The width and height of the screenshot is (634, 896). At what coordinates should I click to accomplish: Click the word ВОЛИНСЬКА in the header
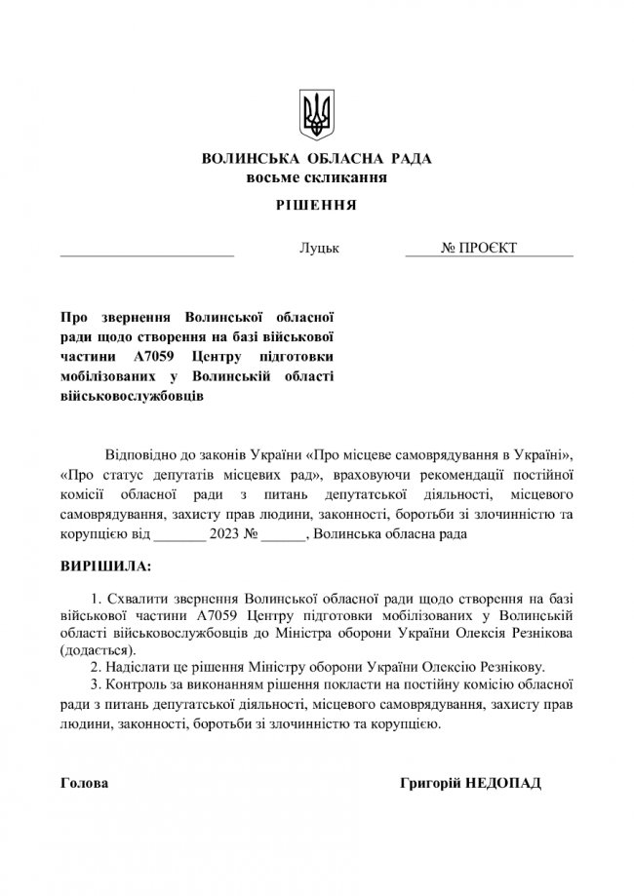tap(243, 160)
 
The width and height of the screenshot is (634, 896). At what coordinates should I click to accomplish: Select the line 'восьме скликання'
tap(316, 177)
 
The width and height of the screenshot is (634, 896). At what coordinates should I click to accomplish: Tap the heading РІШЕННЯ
tap(316, 206)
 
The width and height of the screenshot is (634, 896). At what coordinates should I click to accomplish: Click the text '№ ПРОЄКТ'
tap(479, 249)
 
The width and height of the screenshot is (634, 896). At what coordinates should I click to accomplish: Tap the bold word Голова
tap(84, 784)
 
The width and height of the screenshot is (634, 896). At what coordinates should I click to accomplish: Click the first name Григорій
tap(431, 784)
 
